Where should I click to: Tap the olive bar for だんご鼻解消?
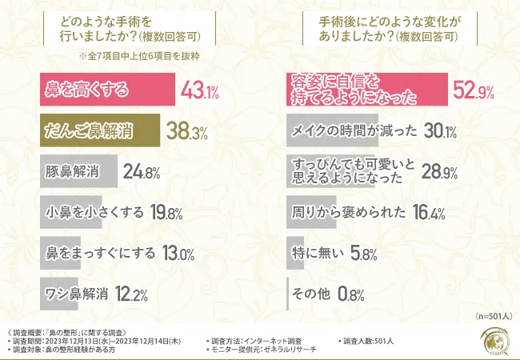(100, 130)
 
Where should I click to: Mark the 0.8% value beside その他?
(352, 294)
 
